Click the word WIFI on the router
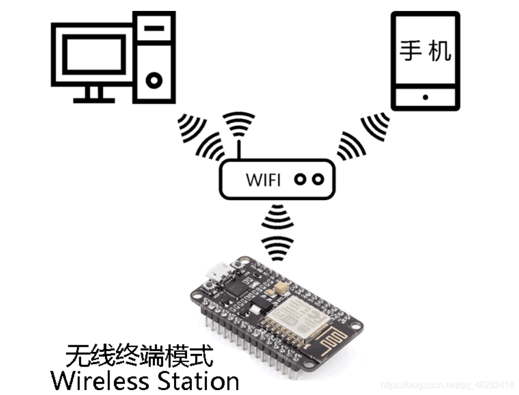point(263,179)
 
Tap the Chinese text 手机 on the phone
point(425,51)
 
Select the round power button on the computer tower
point(154,81)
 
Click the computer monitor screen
point(90,54)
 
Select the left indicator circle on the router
point(300,179)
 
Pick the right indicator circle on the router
point(318,179)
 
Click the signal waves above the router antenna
point(240,123)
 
